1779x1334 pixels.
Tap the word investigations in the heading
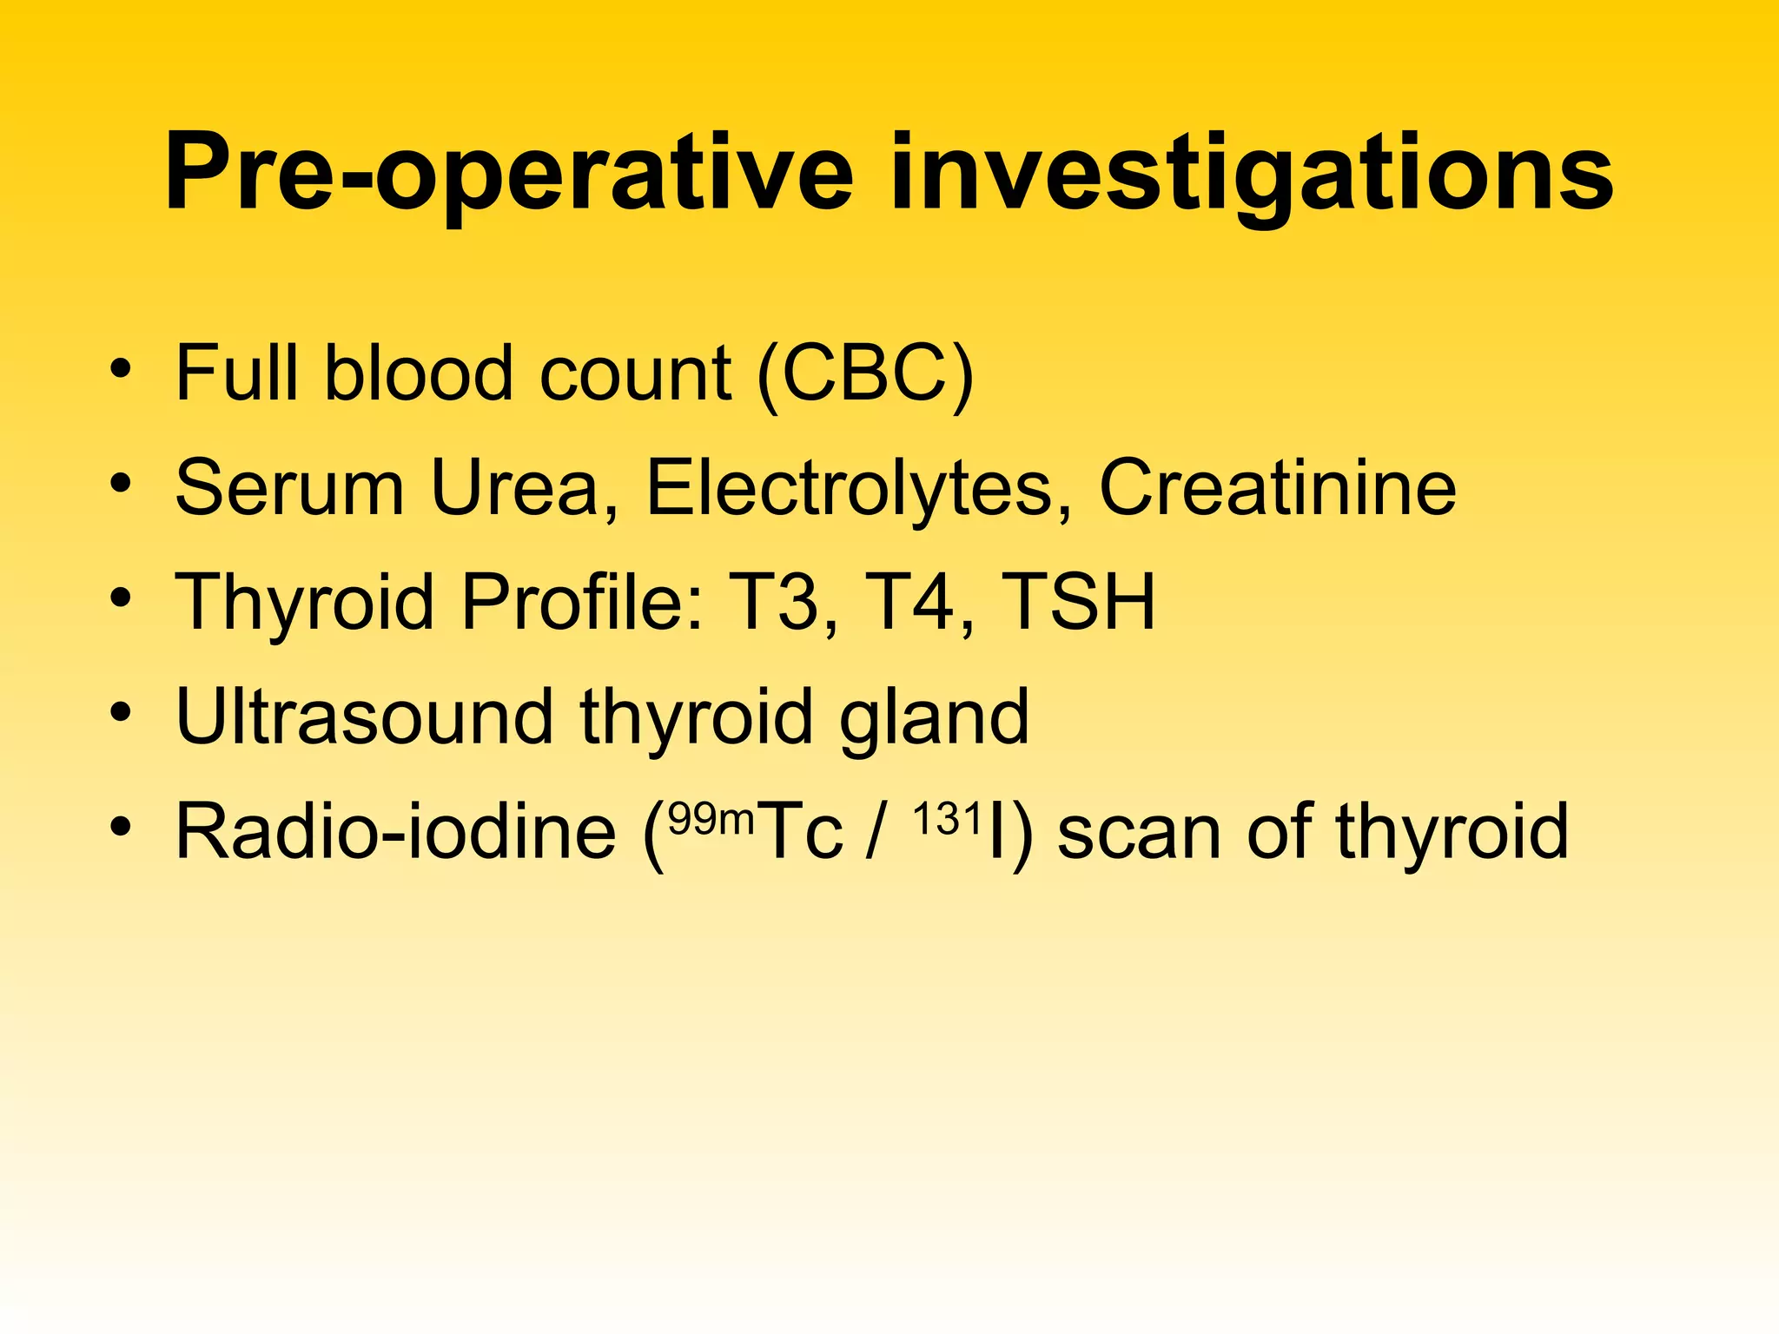point(1251,174)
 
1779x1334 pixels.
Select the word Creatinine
point(1277,488)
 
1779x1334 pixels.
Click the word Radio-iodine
point(396,832)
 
